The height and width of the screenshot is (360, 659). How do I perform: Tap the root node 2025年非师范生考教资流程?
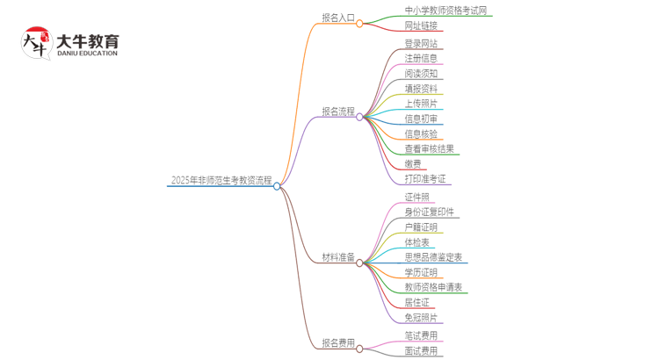coord(221,180)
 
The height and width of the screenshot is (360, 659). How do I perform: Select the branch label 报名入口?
coord(338,18)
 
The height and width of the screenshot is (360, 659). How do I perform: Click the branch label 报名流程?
coord(338,112)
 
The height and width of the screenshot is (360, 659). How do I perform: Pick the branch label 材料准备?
coord(338,257)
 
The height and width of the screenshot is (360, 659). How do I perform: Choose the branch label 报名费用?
coord(338,342)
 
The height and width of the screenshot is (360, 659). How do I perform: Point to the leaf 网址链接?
coord(421,25)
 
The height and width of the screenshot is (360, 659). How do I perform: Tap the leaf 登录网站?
coord(421,44)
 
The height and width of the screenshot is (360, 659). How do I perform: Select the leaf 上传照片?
coord(421,104)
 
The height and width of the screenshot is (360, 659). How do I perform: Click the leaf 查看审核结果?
coord(430,148)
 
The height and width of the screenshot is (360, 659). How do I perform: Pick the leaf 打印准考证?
coord(425,178)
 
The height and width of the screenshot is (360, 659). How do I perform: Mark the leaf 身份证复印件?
coord(430,212)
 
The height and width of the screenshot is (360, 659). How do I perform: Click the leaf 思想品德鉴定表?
coord(433,257)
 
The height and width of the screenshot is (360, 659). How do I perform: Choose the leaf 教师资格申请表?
coord(433,287)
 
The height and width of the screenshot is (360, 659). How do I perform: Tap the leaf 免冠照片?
coord(421,317)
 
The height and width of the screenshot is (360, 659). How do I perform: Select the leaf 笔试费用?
coord(421,335)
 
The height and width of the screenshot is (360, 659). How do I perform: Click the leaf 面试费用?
coord(421,350)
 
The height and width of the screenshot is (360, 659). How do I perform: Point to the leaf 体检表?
coord(416,241)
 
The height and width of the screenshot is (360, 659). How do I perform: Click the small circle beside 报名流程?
coord(359,117)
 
